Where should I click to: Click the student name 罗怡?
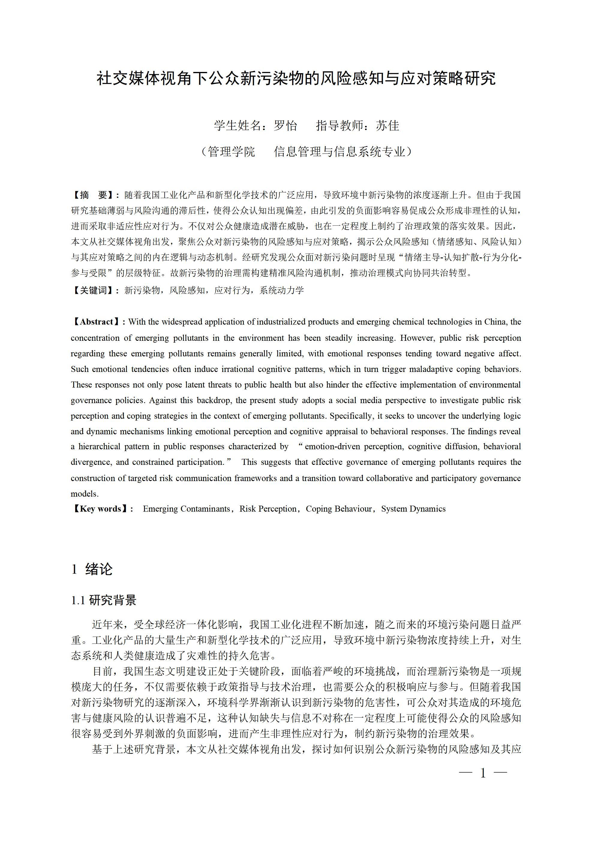point(285,126)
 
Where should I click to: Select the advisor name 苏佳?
point(387,126)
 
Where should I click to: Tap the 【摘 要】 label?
point(94,195)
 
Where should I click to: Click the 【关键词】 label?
point(94,290)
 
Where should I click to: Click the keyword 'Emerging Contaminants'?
point(186,509)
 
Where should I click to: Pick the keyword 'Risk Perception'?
point(268,509)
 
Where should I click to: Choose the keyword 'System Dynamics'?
point(413,509)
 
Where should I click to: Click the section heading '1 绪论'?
point(92,569)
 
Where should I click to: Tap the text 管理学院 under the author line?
point(231,152)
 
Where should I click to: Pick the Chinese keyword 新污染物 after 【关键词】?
point(142,290)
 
